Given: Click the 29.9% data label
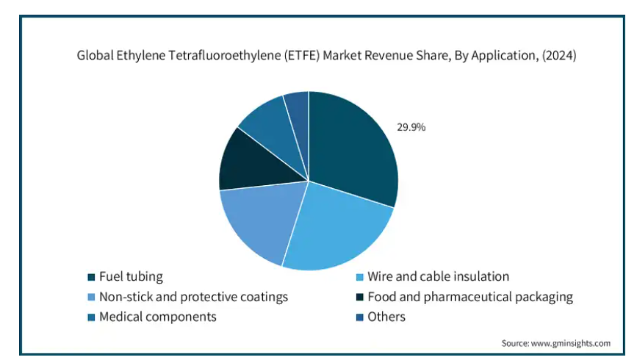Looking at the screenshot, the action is (411, 127).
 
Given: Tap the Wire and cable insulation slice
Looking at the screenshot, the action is (337, 229).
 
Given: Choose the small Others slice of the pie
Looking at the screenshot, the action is (298, 114).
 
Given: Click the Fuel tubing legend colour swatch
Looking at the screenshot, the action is (91, 277).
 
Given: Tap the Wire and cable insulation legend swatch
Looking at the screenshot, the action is (359, 277).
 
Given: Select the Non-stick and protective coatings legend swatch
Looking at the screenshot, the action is (91, 297).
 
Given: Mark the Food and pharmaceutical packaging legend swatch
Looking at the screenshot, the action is (359, 297).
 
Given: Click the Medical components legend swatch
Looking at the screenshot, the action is (91, 317).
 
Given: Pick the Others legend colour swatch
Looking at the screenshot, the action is (359, 317).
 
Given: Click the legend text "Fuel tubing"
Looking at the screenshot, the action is (131, 277).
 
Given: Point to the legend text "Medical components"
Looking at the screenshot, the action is (158, 317).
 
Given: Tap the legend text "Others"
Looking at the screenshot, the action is (386, 317).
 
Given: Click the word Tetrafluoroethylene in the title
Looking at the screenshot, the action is (224, 55).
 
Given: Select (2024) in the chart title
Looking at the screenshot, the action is (559, 55).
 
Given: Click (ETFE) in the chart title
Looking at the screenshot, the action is (301, 55).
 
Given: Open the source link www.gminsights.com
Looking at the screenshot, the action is (570, 343).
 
